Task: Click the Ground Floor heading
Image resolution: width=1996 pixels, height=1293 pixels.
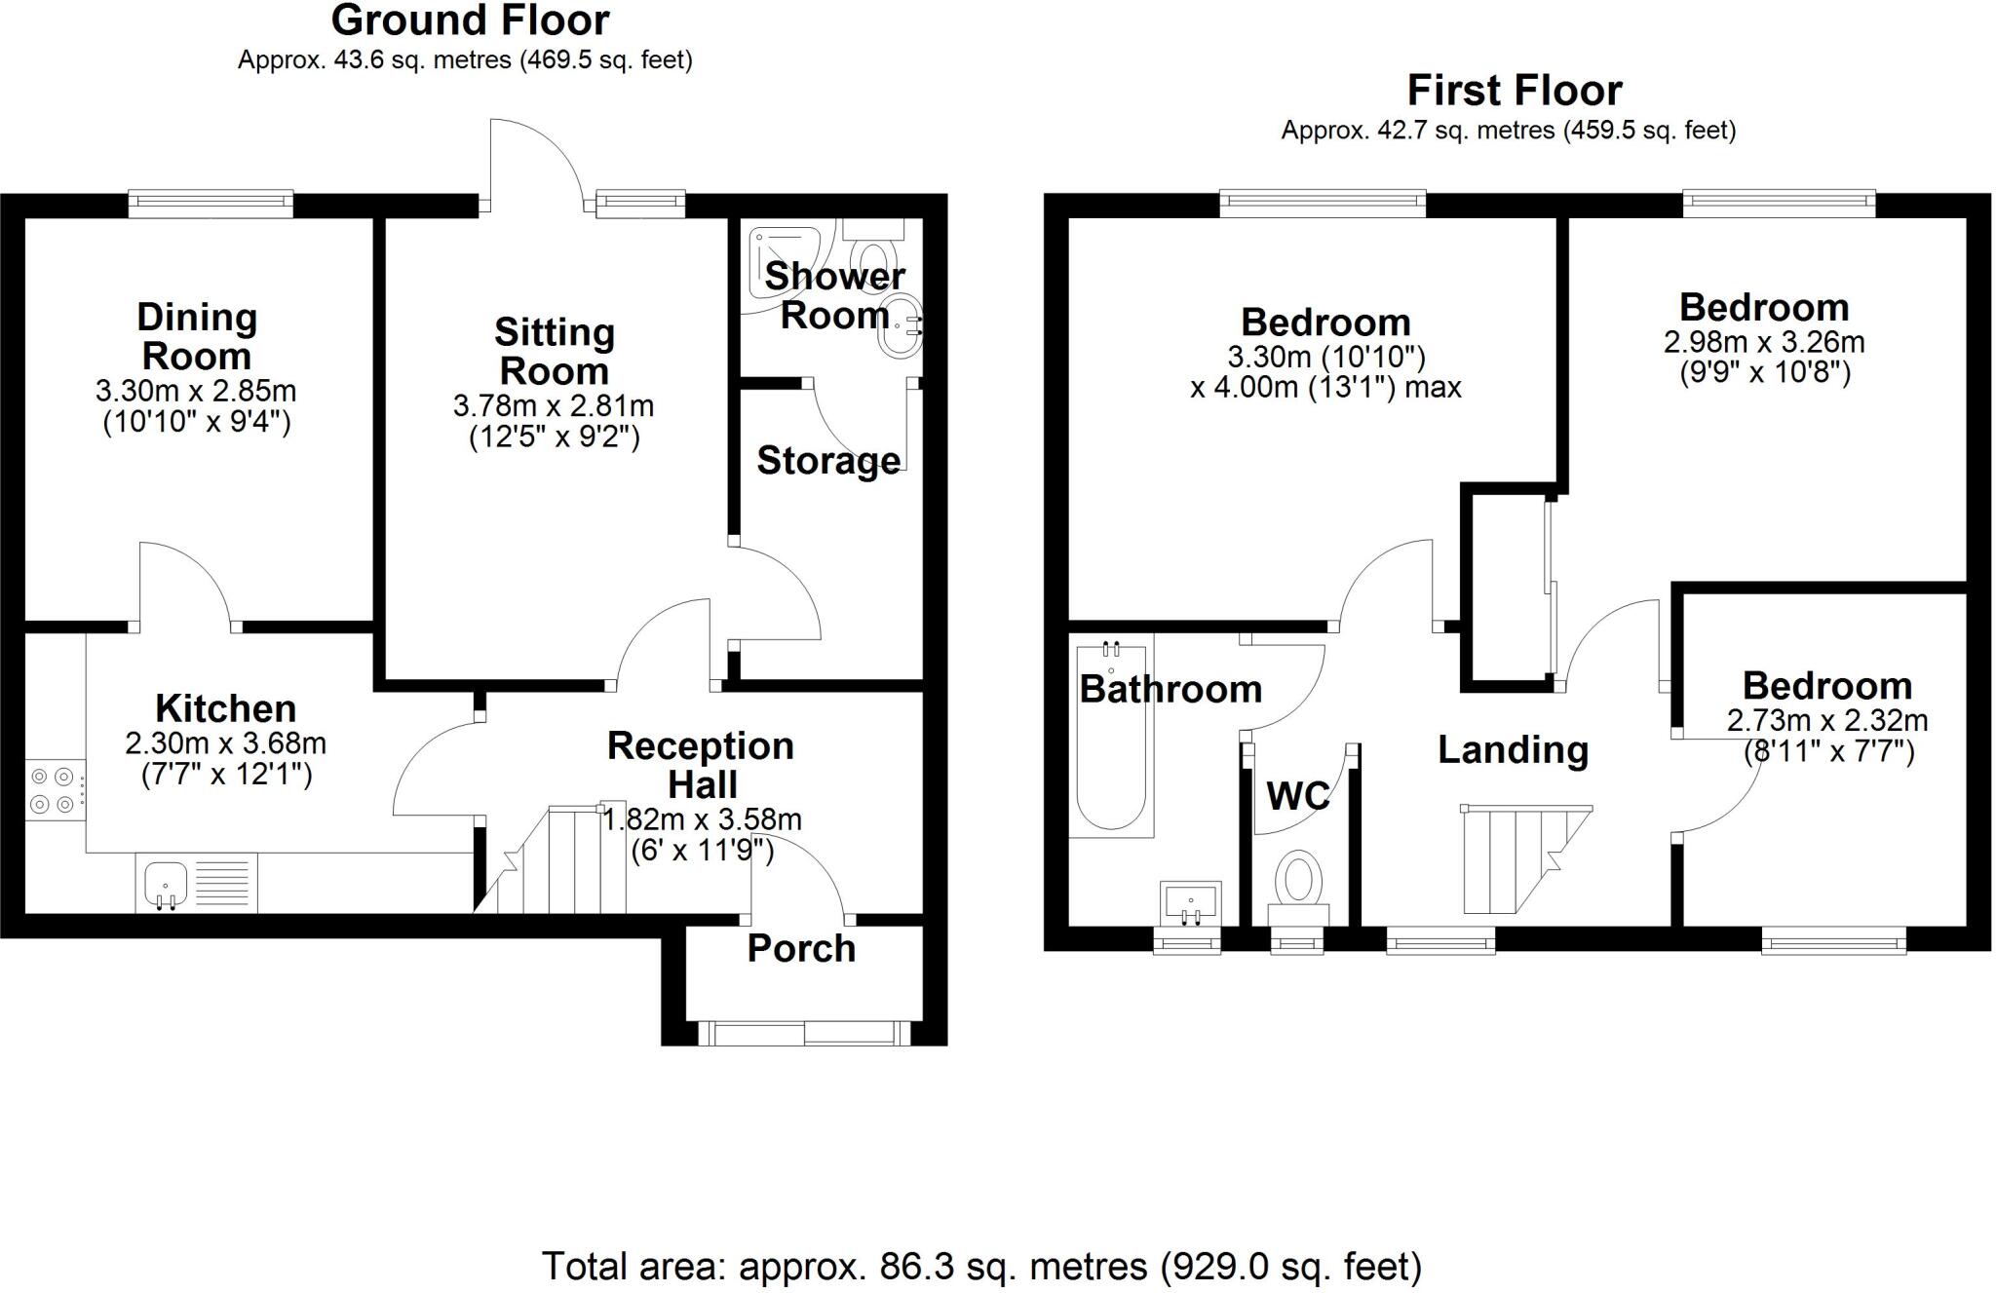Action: click(x=470, y=20)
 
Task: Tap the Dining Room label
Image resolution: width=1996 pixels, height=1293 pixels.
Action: click(x=196, y=336)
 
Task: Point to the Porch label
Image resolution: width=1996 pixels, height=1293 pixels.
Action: click(x=801, y=949)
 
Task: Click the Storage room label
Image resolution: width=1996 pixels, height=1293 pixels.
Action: click(x=828, y=460)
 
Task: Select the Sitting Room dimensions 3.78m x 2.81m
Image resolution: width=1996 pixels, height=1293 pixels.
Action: click(x=554, y=406)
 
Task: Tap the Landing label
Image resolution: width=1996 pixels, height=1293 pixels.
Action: click(x=1513, y=750)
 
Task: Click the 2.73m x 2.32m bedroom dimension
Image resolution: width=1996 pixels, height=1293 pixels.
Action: click(x=1827, y=721)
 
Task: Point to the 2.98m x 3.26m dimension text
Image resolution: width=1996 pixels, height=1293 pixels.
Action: click(x=1764, y=342)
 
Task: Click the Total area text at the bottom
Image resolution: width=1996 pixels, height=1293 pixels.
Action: click(x=981, y=1266)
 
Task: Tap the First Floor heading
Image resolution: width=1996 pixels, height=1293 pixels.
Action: click(x=1514, y=91)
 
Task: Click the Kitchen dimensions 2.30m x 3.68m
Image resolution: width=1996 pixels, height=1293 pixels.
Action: click(x=225, y=744)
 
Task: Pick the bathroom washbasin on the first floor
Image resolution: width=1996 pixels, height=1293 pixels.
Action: click(x=1190, y=900)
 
